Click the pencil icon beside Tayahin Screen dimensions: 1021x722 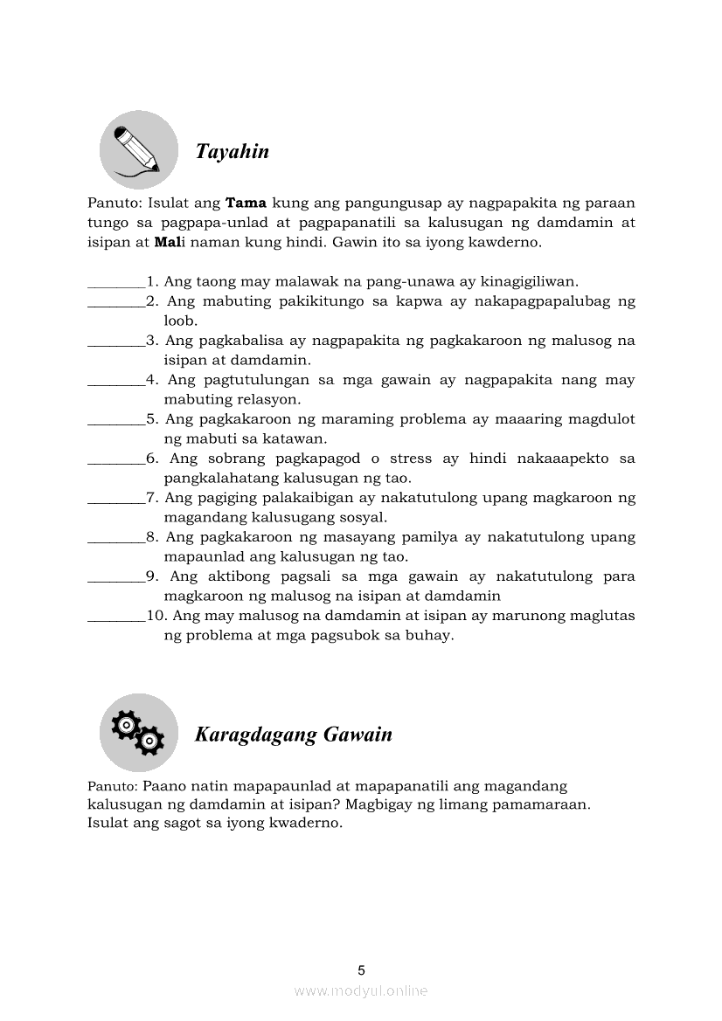coord(139,149)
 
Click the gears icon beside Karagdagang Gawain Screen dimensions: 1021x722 coord(138,732)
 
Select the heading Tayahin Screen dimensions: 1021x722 coord(232,152)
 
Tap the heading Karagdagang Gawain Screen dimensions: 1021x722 coord(293,735)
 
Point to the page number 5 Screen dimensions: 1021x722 coord(361,969)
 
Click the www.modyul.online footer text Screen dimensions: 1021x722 coord(361,991)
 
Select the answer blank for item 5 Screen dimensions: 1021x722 coord(116,420)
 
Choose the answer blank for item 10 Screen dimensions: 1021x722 coord(116,617)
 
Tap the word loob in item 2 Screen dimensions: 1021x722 coord(181,321)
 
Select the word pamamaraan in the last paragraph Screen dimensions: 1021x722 coord(537,804)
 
